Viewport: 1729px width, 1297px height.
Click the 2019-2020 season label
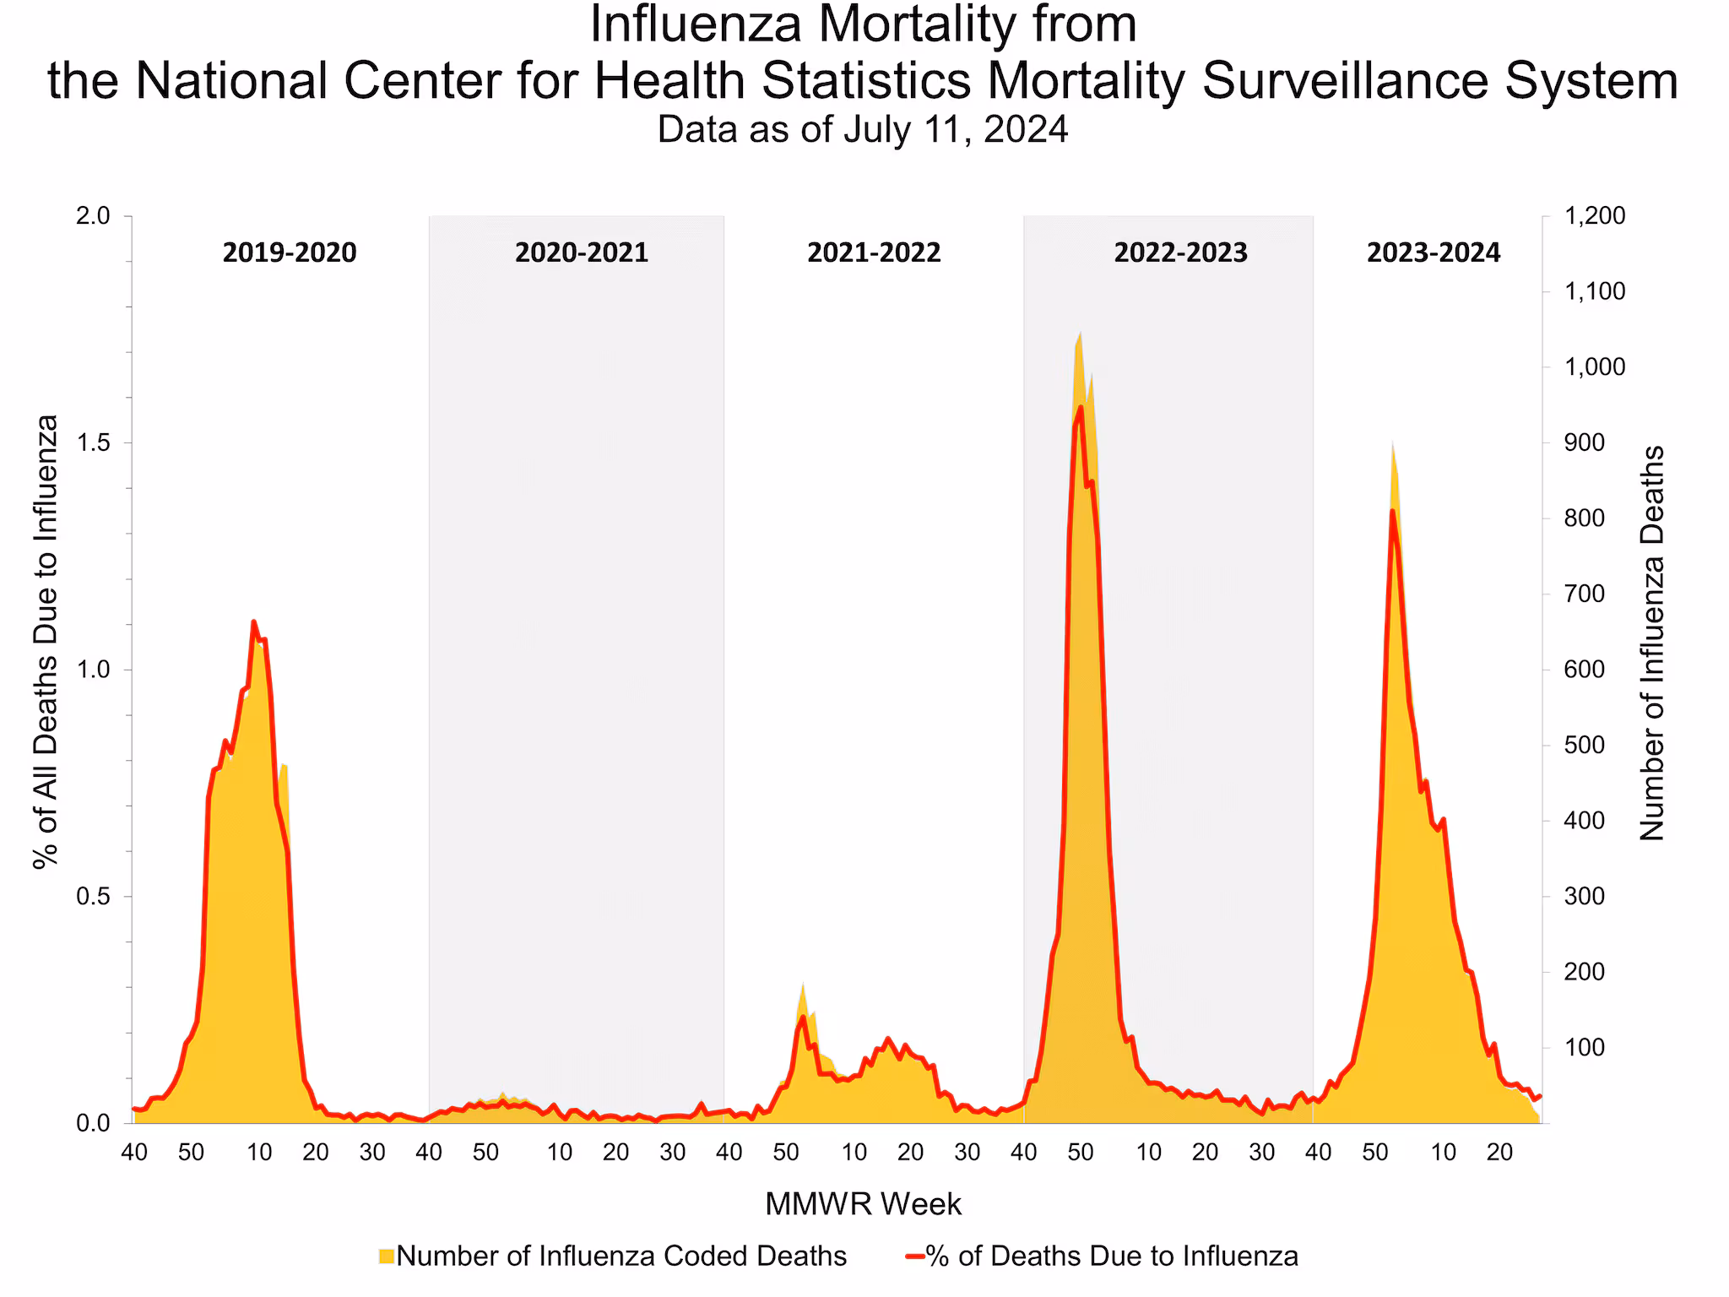point(290,252)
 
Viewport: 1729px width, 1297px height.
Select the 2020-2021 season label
point(581,252)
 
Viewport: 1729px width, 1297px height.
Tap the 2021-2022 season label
point(874,252)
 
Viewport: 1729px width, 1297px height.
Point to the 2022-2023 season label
point(1180,252)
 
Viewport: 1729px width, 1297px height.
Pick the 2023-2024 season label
point(1434,252)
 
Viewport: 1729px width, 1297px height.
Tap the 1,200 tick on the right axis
point(1595,216)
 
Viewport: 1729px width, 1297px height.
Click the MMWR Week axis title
point(863,1204)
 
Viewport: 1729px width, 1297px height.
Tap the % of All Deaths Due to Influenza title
point(46,642)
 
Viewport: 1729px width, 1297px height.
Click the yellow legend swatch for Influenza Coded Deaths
point(387,1256)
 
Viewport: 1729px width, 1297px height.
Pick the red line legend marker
point(913,1256)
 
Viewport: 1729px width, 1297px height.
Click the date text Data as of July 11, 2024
point(863,130)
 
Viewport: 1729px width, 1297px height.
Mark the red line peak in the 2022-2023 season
point(1081,408)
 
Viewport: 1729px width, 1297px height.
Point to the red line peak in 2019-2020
point(253,621)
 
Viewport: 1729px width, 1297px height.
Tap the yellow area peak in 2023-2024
point(1392,441)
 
